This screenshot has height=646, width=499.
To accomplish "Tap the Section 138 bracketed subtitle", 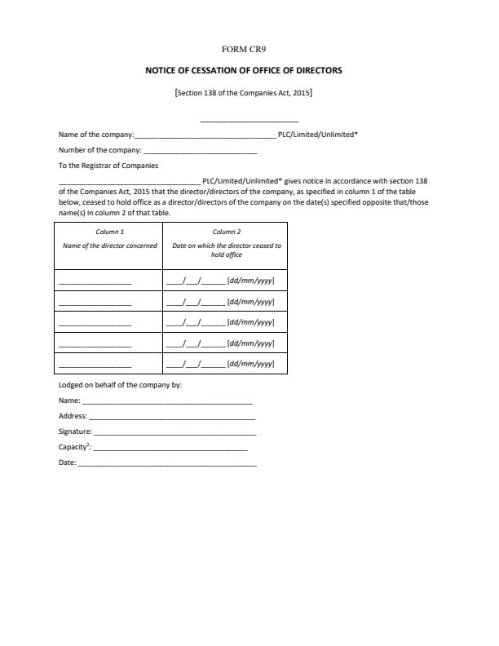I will coord(243,93).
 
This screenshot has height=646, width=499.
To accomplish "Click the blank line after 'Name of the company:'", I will coord(205,135).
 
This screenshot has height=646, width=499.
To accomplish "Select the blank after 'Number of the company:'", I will coord(200,151).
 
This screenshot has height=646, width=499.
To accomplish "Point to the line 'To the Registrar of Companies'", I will coord(108,166).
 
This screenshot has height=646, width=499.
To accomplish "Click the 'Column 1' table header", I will coord(110,232).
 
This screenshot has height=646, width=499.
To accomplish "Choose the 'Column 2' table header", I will coord(227,232).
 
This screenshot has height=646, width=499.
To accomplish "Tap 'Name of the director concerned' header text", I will coord(110,246).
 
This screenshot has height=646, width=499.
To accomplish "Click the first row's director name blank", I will coord(95,282).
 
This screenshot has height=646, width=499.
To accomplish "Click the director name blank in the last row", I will coord(95,365).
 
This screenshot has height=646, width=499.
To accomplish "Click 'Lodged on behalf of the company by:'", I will coord(120,384).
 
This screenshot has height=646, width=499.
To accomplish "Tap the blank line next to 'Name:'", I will coord(167,402).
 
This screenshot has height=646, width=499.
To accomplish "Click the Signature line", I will coord(174,432).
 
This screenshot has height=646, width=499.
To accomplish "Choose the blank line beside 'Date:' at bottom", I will coord(167,463).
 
